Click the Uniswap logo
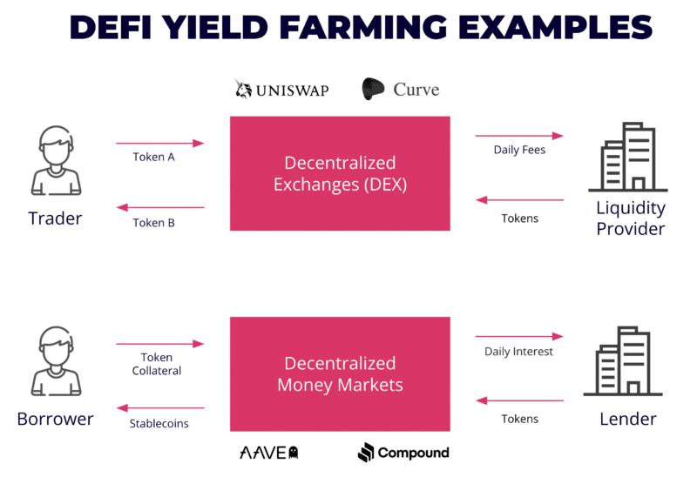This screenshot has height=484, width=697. (x=281, y=90)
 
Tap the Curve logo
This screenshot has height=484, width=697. (x=401, y=90)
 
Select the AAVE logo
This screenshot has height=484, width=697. (x=269, y=453)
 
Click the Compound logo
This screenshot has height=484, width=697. (x=403, y=453)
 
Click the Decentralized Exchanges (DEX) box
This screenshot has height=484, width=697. (x=340, y=173)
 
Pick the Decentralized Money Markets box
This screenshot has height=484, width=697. (x=340, y=373)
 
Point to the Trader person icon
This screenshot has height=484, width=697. (x=56, y=160)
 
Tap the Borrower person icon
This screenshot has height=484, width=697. (x=56, y=361)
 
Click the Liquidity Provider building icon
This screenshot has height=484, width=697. (x=627, y=157)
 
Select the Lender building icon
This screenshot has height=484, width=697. (x=623, y=361)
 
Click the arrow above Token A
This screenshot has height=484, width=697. (x=160, y=143)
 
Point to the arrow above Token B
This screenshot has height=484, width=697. (x=160, y=207)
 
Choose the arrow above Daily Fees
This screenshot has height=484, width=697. (x=519, y=136)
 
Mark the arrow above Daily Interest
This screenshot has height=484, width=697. (x=519, y=336)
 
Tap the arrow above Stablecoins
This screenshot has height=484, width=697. (x=160, y=407)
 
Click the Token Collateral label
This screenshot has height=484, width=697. (x=157, y=364)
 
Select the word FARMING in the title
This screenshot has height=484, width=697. (x=363, y=27)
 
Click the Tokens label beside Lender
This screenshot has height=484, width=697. (x=519, y=419)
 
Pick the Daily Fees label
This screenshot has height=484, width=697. (x=519, y=150)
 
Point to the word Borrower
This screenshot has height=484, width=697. (x=56, y=419)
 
